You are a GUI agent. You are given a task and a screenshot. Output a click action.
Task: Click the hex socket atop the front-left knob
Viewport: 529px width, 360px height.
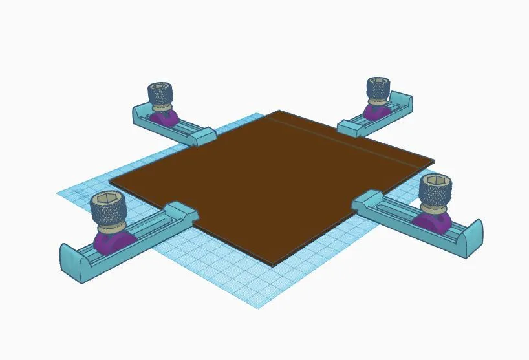coord(107,198)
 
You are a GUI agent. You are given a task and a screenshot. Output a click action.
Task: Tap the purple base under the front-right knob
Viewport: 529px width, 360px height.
coord(432,222)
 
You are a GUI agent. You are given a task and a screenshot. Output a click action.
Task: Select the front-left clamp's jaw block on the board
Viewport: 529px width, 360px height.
coord(182,213)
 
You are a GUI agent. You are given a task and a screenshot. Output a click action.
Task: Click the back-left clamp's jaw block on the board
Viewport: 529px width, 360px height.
coord(202,135)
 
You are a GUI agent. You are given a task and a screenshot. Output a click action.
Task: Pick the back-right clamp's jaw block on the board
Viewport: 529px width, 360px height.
coord(349,127)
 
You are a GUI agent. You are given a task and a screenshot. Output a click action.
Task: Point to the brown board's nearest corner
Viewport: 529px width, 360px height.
coord(273,264)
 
